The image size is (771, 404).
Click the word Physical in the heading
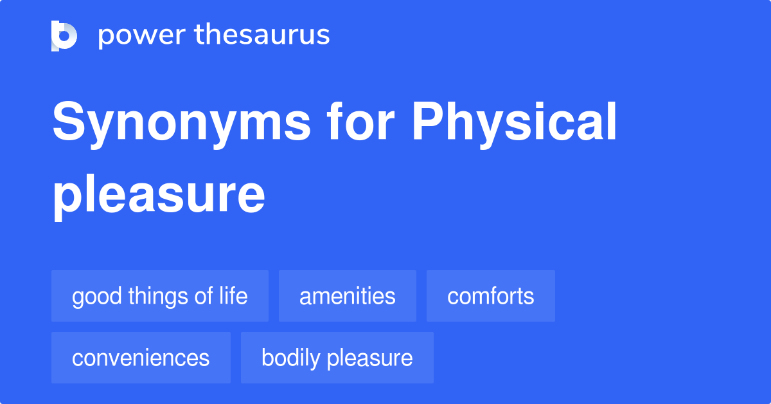[515, 124]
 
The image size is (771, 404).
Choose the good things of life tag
[159, 296]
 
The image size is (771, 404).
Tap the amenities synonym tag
[347, 296]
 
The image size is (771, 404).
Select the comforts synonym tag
[490, 296]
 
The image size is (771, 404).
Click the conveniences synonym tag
[141, 358]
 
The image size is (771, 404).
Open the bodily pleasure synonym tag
[337, 358]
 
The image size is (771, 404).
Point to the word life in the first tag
[233, 296]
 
